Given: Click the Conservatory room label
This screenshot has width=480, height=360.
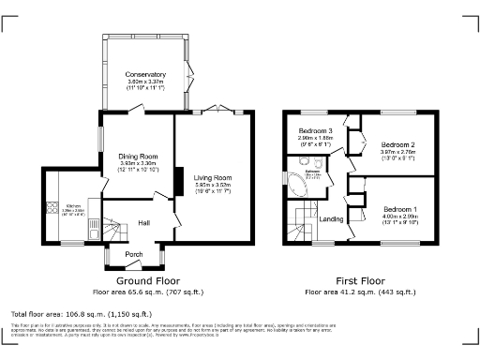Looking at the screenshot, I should point(145,74).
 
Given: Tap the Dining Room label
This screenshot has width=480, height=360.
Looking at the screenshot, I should point(137,157).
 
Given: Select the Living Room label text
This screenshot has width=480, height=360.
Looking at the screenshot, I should point(212,176).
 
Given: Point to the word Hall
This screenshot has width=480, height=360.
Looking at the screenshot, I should point(144,223).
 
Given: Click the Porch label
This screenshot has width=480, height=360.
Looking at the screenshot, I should point(133,253).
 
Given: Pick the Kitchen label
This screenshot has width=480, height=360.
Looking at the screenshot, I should point(73,204).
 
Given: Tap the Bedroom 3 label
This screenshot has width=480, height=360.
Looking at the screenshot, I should point(316,130).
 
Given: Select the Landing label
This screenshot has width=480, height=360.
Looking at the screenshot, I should point(332,219).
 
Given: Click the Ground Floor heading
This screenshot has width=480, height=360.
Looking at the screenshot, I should point(147,280).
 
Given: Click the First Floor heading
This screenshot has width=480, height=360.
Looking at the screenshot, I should point(361,280).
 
